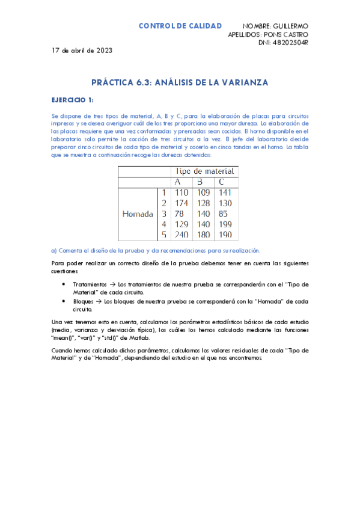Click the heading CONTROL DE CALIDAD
(x=180, y=26)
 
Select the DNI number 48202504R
(x=289, y=43)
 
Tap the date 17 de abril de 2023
(x=82, y=51)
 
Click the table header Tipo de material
(x=204, y=171)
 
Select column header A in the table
(x=177, y=182)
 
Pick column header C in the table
(x=222, y=182)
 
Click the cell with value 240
(x=181, y=235)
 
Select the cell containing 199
(x=225, y=224)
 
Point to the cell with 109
(x=203, y=192)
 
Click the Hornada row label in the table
(x=138, y=214)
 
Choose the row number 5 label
(x=163, y=235)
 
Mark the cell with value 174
(x=181, y=203)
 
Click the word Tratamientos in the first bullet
(x=89, y=284)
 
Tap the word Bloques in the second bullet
(x=85, y=301)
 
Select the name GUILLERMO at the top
(x=290, y=26)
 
